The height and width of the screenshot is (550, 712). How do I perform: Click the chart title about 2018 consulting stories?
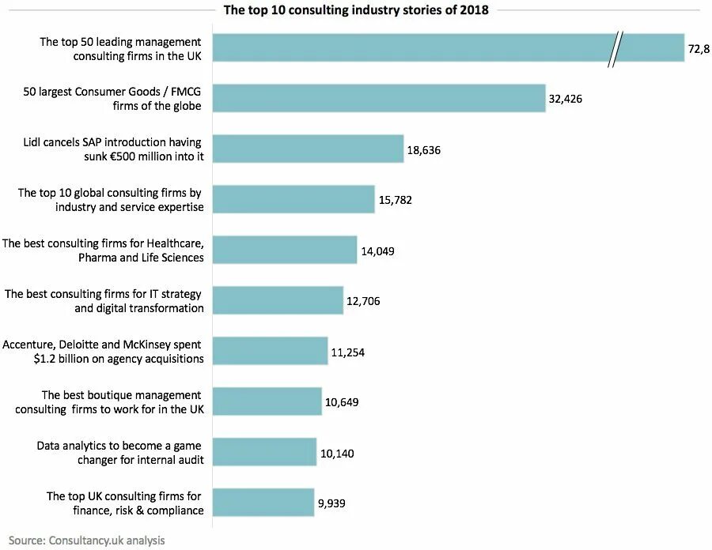356,10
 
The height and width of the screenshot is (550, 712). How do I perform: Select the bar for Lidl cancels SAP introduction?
309,149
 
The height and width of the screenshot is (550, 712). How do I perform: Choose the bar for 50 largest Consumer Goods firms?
379,99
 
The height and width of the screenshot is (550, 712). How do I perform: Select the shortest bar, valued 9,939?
263,503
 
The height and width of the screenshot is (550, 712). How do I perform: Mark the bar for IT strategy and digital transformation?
278,301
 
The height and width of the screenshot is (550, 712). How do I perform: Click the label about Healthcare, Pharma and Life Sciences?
103,251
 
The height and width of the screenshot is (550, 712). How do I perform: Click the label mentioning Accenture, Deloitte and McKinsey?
103,352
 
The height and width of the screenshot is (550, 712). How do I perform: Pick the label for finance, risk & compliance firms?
125,503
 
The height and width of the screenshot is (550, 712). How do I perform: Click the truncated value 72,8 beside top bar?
699,49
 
